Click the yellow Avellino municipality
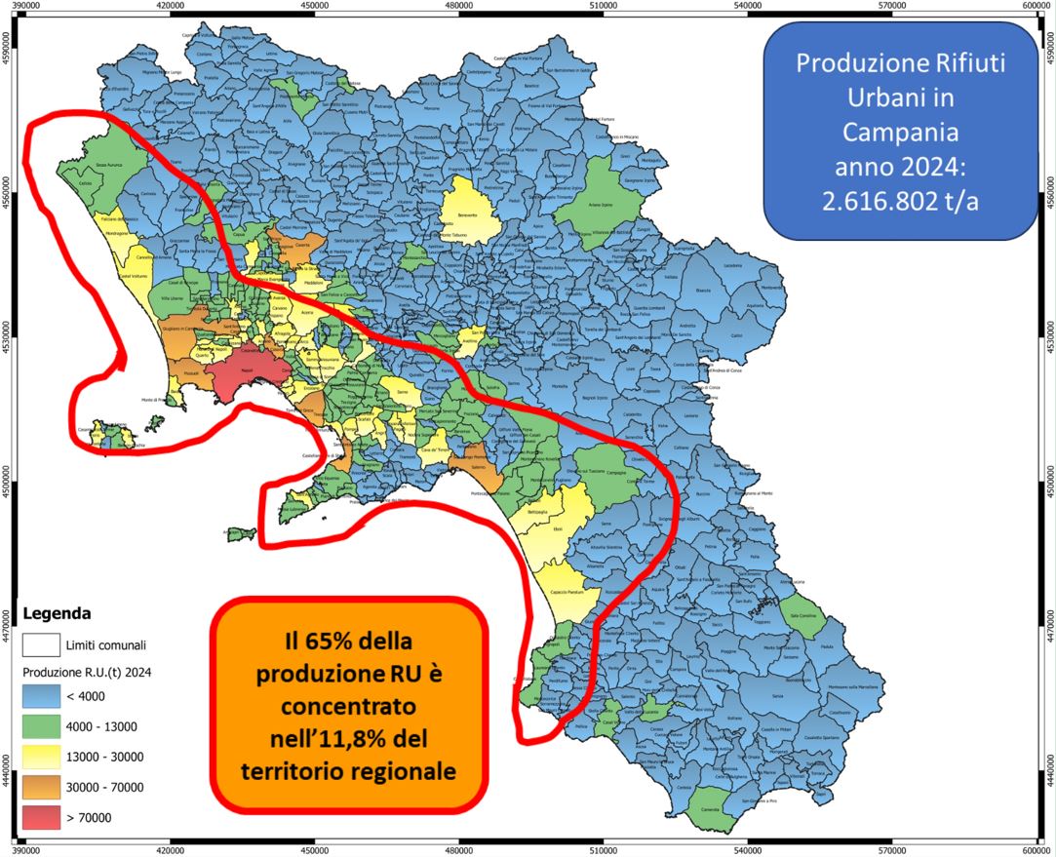click(475, 338)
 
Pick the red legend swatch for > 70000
click(41, 819)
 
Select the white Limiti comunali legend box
click(41, 644)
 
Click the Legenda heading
click(57, 614)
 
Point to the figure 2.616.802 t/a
click(899, 200)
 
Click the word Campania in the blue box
click(899, 132)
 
